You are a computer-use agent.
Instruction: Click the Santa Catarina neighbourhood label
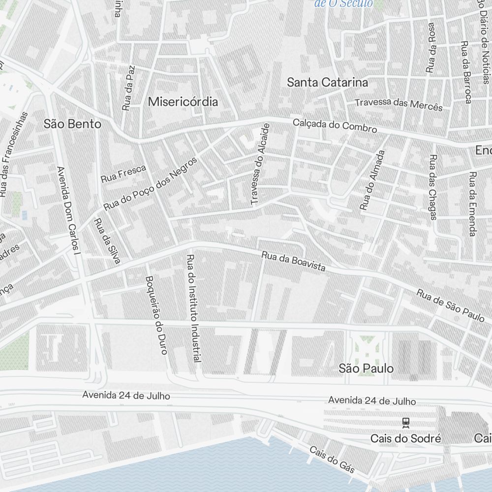pos(327,82)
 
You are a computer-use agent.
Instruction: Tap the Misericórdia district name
pos(183,102)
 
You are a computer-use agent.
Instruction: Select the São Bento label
pos(72,124)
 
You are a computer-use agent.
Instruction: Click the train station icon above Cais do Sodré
pos(406,422)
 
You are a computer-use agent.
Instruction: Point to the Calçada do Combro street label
pos(335,125)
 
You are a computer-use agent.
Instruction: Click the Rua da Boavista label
pos(293,262)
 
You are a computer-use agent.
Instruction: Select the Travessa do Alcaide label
pos(260,164)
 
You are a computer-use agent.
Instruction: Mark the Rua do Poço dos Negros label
pos(150,184)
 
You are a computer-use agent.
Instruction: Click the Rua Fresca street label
pos(123,174)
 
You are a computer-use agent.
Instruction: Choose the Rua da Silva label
pos(107,241)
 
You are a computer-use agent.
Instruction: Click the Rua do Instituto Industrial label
pos(193,308)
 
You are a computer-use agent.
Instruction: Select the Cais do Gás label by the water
pos(332,460)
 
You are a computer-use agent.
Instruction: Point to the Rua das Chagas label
pos(432,187)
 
